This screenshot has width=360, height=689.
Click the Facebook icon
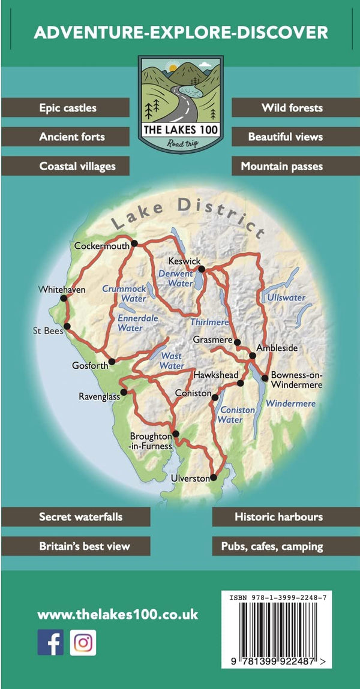pyautogui.click(x=50, y=642)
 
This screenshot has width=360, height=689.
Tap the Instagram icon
pyautogui.click(x=83, y=642)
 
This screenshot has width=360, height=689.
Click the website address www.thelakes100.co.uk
pyautogui.click(x=118, y=615)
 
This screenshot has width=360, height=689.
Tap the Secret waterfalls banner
pyautogui.click(x=75, y=516)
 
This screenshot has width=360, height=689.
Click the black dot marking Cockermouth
pyautogui.click(x=134, y=243)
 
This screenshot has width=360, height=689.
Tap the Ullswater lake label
pyautogui.click(x=286, y=297)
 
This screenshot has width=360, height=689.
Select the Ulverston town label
pyautogui.click(x=190, y=479)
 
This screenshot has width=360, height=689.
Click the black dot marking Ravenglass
pyautogui.click(x=124, y=393)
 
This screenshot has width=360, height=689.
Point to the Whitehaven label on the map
pyautogui.click(x=62, y=290)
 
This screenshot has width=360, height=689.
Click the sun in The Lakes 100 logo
pyautogui.click(x=173, y=68)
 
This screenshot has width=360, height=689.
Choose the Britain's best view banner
pyautogui.click(x=75, y=546)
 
